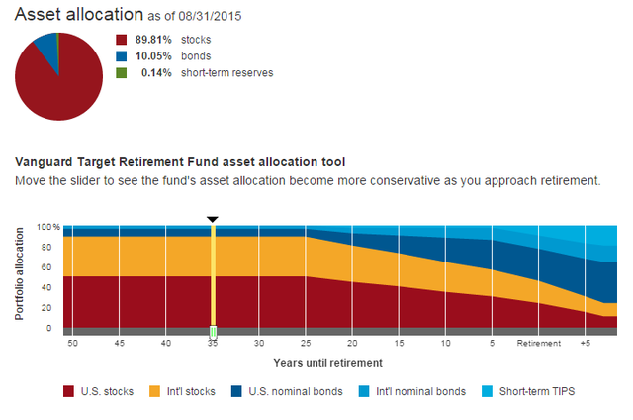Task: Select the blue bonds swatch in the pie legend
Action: (122, 56)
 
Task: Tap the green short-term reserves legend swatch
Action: (122, 72)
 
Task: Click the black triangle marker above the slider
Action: (212, 218)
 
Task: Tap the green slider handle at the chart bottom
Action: (213, 332)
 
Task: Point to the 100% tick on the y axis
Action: (49, 227)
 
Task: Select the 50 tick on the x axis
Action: (72, 344)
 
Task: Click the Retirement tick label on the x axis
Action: (538, 344)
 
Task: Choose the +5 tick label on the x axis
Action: (585, 344)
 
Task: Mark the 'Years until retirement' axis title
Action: (328, 364)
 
